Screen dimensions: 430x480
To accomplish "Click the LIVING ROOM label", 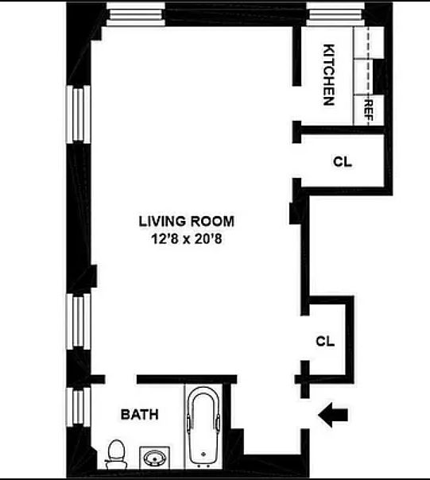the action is (x=187, y=222).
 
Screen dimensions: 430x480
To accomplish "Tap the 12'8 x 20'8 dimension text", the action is (x=187, y=238).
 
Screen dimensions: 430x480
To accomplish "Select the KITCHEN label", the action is (x=329, y=75).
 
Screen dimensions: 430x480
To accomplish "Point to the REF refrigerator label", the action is (x=369, y=110).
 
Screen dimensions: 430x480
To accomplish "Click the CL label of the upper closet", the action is (x=343, y=161).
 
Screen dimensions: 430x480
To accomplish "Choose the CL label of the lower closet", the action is (x=325, y=341).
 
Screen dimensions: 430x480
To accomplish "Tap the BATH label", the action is (x=140, y=415).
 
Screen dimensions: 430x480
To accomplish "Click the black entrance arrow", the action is (x=333, y=415).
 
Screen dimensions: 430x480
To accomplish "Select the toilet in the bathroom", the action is (x=116, y=455).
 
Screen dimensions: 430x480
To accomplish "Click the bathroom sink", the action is (x=155, y=458).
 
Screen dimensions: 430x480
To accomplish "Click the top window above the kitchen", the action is (x=335, y=14).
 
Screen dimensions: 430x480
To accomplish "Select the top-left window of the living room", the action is (x=136, y=14).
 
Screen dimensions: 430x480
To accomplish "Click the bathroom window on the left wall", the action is (x=79, y=407).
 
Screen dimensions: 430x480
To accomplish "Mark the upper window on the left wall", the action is (x=79, y=114).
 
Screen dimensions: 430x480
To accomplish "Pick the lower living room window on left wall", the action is (x=79, y=321).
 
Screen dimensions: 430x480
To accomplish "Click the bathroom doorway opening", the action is (x=121, y=380).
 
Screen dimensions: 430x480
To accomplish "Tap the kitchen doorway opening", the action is (x=296, y=103).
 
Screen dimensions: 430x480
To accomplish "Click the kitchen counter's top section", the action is (x=369, y=42).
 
